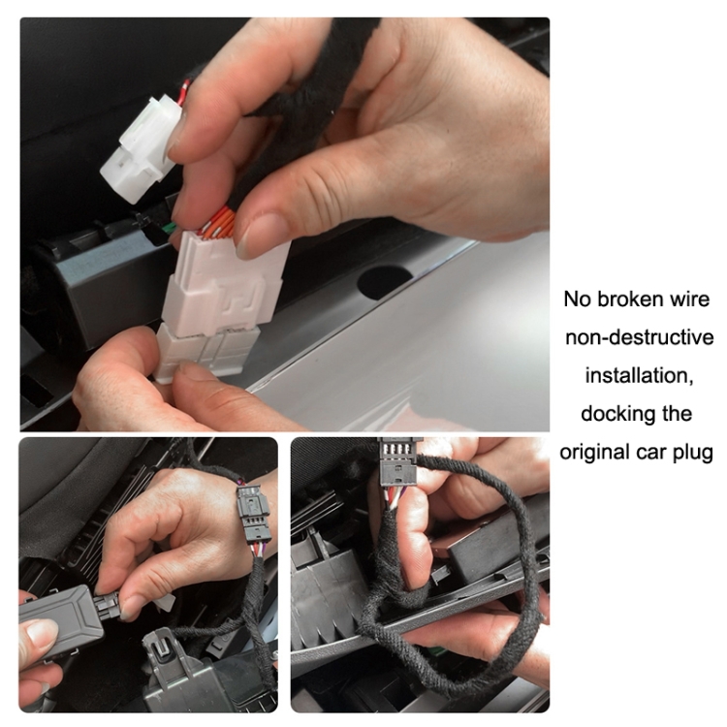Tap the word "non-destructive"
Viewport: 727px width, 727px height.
click(x=640, y=337)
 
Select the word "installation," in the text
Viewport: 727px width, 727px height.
click(x=639, y=376)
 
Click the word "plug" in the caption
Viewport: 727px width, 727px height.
click(x=693, y=453)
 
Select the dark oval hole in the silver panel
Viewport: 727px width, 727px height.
click(x=385, y=280)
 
